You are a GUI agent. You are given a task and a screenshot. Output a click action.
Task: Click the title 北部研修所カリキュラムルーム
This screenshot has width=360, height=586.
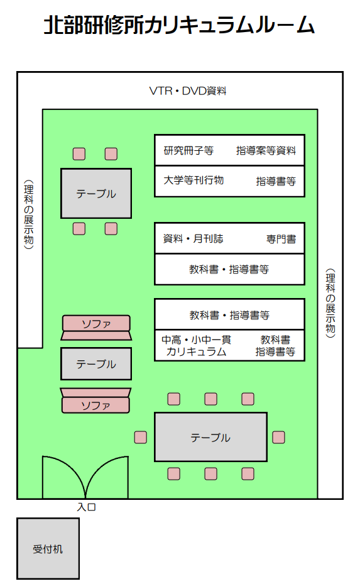[180, 25]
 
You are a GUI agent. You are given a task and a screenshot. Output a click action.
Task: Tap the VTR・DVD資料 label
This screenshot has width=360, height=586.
[188, 91]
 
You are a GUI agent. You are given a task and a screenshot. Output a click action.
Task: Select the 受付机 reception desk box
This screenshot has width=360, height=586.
[48, 548]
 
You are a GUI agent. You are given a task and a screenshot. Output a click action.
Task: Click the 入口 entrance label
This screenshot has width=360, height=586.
[86, 507]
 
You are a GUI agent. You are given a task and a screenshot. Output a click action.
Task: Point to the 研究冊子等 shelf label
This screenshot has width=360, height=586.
[188, 151]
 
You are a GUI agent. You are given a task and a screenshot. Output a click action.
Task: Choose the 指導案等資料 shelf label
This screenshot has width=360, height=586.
[266, 151]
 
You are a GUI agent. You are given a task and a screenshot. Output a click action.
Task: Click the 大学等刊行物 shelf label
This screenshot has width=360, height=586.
[194, 180]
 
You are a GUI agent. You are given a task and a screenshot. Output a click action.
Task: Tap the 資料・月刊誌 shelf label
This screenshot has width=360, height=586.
[193, 238]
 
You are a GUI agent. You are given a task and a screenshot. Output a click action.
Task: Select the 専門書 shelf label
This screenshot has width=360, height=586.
[281, 239]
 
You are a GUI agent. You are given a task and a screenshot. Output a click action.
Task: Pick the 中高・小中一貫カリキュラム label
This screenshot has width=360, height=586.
[197, 346]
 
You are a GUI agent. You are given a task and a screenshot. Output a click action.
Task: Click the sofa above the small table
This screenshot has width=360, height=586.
[96, 328]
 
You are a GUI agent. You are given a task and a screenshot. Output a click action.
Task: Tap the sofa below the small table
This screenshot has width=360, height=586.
[95, 401]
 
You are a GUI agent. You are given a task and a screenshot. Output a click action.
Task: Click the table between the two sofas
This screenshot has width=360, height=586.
[96, 363]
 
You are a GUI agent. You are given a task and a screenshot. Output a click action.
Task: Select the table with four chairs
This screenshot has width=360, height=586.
[96, 193]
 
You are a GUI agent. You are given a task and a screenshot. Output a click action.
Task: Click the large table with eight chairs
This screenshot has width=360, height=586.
[210, 437]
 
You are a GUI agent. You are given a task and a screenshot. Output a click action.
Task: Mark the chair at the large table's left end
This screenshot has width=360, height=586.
[140, 437]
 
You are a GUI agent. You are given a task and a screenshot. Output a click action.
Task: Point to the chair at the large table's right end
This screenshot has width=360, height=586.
[278, 437]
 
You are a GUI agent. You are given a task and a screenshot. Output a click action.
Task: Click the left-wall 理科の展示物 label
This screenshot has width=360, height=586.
[29, 214]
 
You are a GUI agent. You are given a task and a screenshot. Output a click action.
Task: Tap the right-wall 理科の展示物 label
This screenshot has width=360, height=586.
[330, 302]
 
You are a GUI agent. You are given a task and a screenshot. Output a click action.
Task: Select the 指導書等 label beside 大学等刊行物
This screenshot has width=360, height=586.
[276, 181]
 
